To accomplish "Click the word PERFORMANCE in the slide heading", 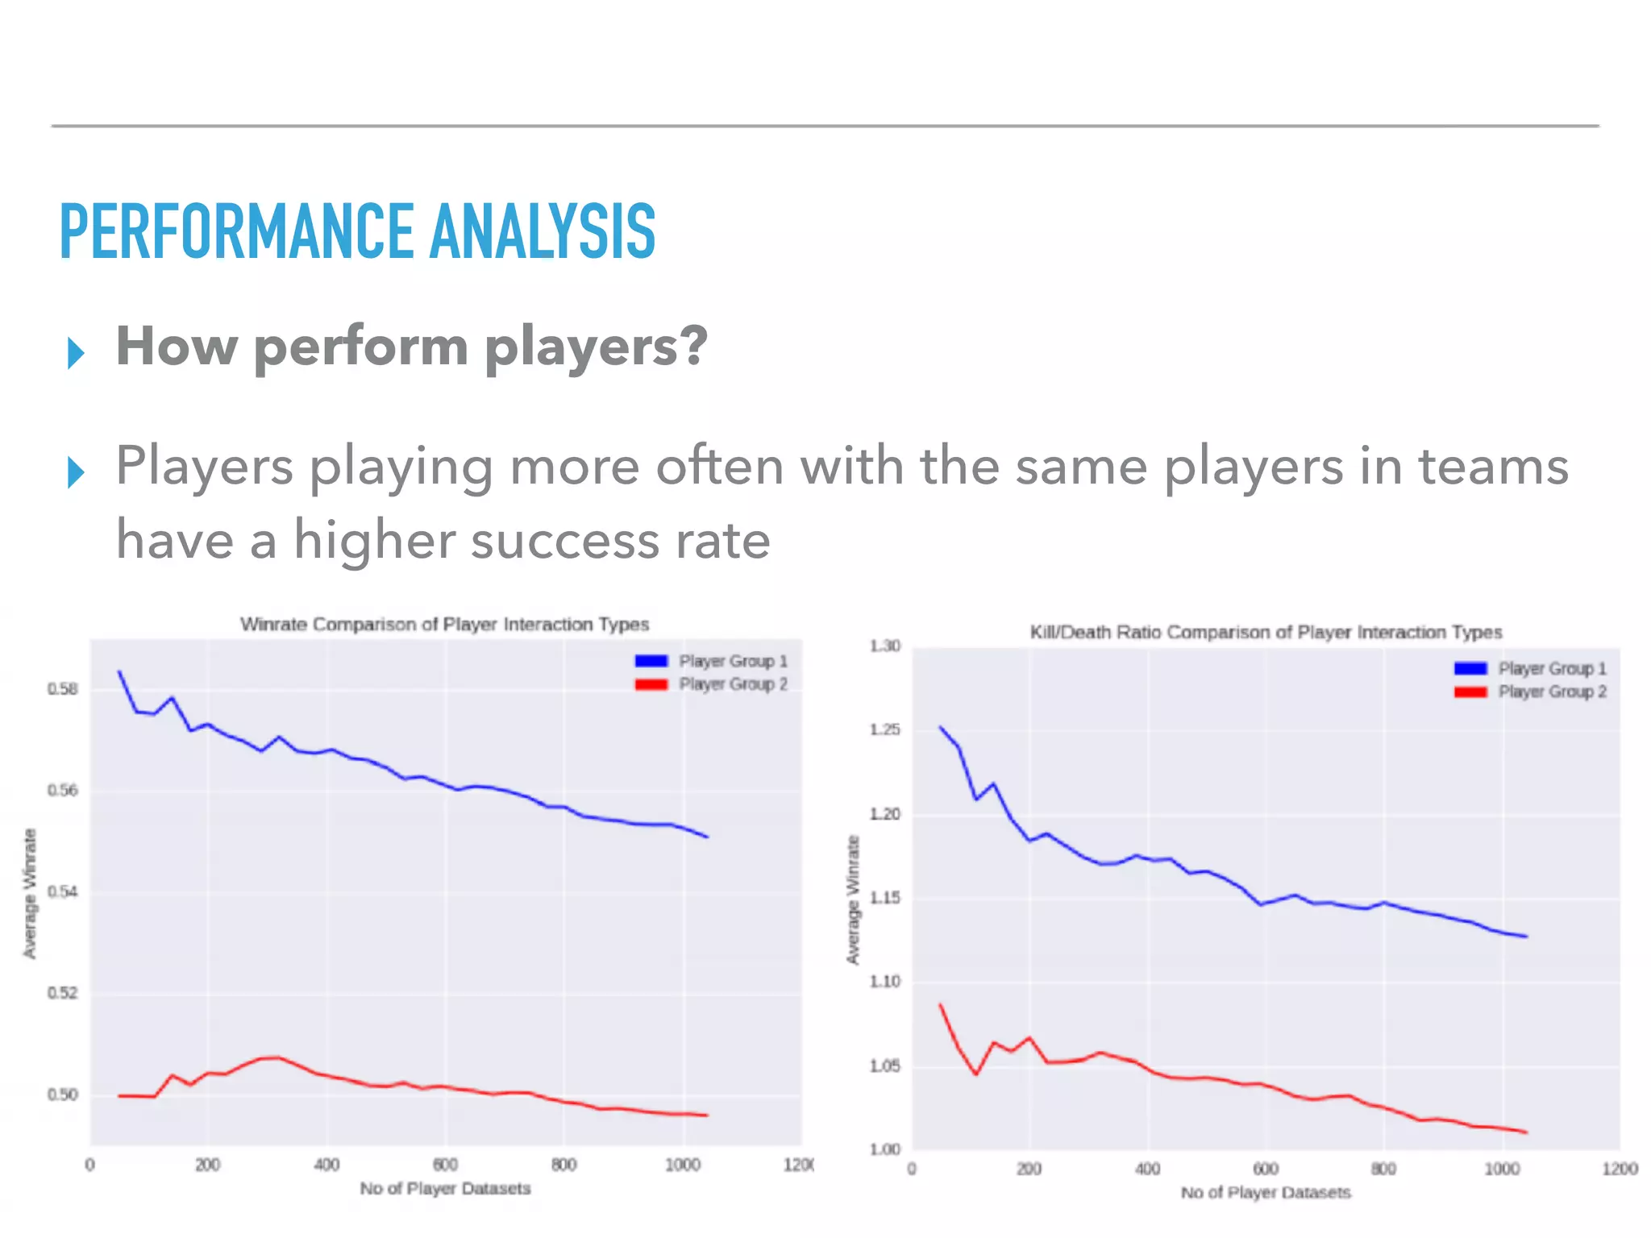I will click(237, 232).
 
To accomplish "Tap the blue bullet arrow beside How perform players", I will click(76, 353).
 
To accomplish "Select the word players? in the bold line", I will click(596, 347).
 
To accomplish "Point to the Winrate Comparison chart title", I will click(444, 625).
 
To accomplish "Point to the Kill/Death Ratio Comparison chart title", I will click(1266, 632).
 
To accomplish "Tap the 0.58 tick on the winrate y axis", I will click(63, 689).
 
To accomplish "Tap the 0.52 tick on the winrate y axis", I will click(63, 993).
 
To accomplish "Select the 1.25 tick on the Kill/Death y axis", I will click(884, 730).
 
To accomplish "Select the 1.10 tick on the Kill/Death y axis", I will click(884, 982).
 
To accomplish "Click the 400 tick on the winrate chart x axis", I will click(326, 1165).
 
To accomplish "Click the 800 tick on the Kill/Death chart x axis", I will click(1383, 1169).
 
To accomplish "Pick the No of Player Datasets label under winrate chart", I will click(445, 1189).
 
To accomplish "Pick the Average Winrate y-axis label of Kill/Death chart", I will click(853, 899).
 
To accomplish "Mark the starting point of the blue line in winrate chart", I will click(119, 671).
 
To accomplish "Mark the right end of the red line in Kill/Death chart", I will click(1526, 1132).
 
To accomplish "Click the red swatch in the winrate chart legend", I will click(651, 684).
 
